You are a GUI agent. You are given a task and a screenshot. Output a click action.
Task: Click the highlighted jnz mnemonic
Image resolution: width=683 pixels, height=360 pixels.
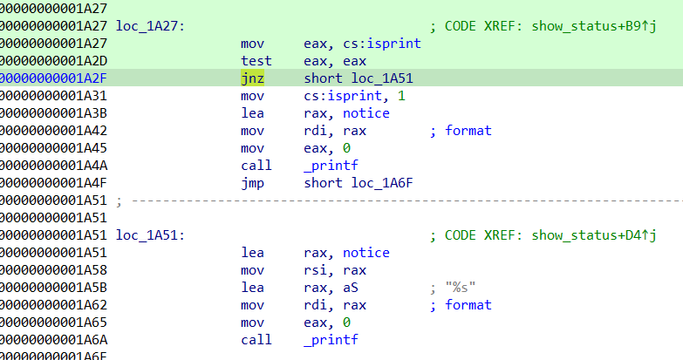click(253, 78)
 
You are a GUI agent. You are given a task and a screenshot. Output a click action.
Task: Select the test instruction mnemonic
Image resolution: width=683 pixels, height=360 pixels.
click(256, 60)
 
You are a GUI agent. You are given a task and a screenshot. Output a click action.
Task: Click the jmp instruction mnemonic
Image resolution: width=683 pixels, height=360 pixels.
click(253, 182)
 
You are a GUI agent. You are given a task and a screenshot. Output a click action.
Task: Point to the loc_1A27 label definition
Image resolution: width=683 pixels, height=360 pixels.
click(149, 26)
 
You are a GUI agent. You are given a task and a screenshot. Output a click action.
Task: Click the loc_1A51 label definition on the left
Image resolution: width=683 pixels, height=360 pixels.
click(149, 234)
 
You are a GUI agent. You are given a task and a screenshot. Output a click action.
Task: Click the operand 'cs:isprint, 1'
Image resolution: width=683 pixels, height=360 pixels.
click(354, 95)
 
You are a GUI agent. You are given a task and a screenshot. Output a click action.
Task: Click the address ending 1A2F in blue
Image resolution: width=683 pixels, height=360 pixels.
click(52, 78)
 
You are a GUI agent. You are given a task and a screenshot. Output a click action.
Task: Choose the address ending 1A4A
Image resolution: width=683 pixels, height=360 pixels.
click(52, 165)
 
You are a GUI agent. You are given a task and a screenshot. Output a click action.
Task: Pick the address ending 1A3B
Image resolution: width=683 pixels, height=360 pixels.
click(52, 112)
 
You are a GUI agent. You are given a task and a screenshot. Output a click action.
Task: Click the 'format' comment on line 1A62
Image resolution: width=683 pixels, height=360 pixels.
click(468, 304)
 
